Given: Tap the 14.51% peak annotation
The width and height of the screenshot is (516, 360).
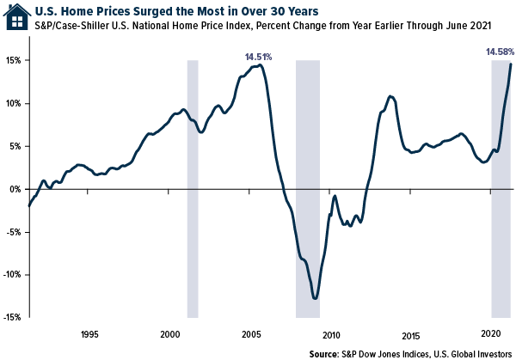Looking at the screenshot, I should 258,57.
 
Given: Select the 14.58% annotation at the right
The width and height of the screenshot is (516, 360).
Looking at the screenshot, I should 499,52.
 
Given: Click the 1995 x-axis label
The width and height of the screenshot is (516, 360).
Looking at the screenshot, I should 89,334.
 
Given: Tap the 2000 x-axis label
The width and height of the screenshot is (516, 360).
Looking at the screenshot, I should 170,334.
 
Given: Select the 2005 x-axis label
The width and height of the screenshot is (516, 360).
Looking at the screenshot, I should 251,334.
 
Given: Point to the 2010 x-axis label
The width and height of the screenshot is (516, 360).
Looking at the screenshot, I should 332,334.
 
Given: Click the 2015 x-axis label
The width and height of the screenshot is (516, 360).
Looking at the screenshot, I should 412,334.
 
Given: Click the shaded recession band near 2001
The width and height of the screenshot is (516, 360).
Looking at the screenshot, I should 193,189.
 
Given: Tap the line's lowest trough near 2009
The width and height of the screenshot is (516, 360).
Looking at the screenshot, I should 316,298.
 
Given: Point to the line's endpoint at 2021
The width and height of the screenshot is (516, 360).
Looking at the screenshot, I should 511,64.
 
